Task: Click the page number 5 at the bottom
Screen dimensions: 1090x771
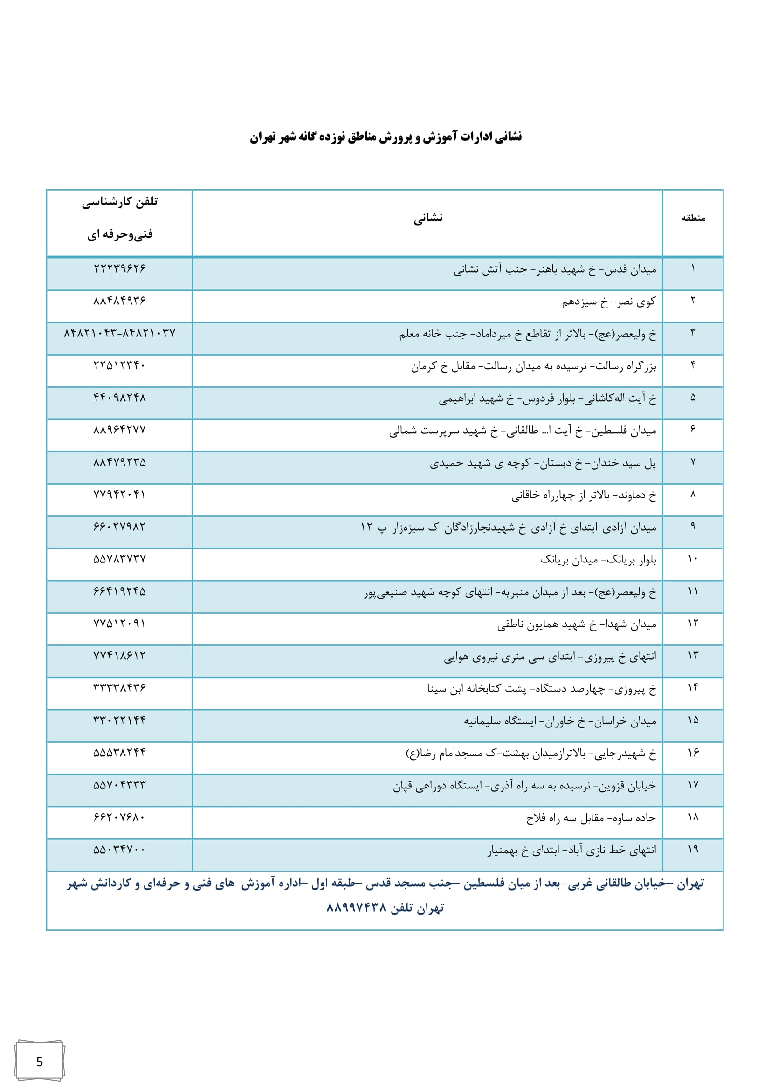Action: click(x=40, y=1062)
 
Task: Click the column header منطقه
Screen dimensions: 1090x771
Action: click(x=693, y=219)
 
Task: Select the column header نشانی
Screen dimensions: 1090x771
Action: click(x=428, y=219)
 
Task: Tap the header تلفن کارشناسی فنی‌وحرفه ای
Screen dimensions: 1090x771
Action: click(x=120, y=219)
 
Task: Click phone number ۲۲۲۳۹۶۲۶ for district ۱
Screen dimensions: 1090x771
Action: click(x=120, y=269)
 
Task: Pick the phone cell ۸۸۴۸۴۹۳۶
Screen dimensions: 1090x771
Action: click(x=120, y=301)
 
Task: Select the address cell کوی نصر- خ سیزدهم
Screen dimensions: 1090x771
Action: click(x=609, y=302)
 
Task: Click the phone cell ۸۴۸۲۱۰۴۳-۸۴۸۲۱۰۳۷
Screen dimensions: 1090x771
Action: click(x=120, y=333)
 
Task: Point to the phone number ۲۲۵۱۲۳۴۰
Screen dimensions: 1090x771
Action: click(x=120, y=365)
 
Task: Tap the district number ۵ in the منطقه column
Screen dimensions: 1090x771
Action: click(x=693, y=398)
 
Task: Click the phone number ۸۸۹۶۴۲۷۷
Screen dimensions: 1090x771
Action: click(x=120, y=430)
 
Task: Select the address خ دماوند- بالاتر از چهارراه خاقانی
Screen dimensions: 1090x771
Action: click(x=584, y=496)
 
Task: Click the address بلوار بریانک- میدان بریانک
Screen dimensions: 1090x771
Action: click(x=598, y=560)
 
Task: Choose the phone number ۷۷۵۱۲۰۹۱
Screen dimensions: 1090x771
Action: click(x=120, y=624)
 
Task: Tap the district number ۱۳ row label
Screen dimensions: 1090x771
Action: click(x=693, y=656)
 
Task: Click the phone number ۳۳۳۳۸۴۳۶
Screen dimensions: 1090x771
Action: click(x=120, y=688)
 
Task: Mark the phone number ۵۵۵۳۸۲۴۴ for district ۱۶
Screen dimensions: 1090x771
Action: click(x=120, y=753)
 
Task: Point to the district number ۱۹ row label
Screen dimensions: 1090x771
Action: click(x=693, y=850)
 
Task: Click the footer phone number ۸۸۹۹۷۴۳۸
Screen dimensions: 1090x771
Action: click(x=357, y=909)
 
